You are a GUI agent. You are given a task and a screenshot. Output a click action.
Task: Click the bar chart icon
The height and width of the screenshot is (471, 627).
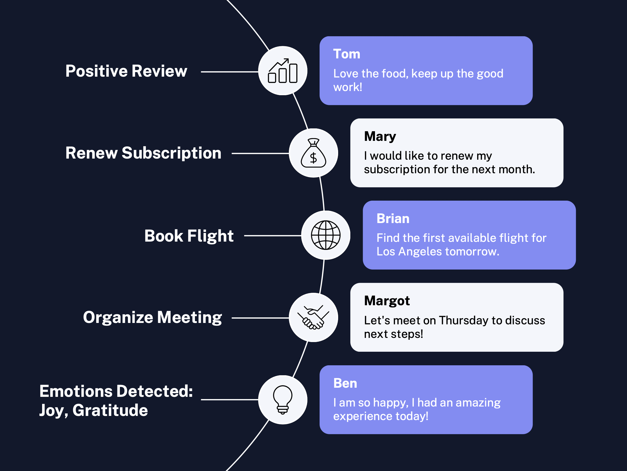pos(282,71)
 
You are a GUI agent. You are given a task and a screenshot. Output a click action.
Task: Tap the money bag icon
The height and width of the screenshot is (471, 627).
pos(313,153)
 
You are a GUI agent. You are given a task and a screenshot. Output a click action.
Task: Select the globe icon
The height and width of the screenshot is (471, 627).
pos(326,235)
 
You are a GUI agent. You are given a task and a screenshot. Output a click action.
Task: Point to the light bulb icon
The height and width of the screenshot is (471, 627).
pos(282,400)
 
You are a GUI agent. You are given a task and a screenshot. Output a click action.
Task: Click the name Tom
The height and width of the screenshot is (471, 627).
pos(347,54)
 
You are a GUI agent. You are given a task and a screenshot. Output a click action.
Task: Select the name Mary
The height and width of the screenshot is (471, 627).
pos(380,136)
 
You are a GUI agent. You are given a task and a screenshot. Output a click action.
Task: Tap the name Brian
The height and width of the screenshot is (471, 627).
pos(393,218)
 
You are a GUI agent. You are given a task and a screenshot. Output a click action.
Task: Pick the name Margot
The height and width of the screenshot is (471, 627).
pos(387,301)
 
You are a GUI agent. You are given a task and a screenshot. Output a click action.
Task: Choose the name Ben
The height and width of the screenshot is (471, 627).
pos(345,383)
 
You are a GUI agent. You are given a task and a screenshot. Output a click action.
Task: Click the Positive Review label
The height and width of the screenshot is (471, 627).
pos(126,71)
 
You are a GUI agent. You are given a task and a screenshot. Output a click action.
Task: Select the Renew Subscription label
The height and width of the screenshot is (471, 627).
pos(143,153)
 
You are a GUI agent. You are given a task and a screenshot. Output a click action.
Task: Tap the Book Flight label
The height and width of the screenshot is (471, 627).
pos(189,236)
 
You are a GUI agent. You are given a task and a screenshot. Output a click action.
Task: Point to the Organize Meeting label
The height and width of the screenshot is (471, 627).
pos(153,318)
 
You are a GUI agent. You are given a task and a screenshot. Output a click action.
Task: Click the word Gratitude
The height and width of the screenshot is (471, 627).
pos(110,410)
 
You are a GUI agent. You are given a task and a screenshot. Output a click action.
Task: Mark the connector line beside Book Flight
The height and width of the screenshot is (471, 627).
pos(273,235)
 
